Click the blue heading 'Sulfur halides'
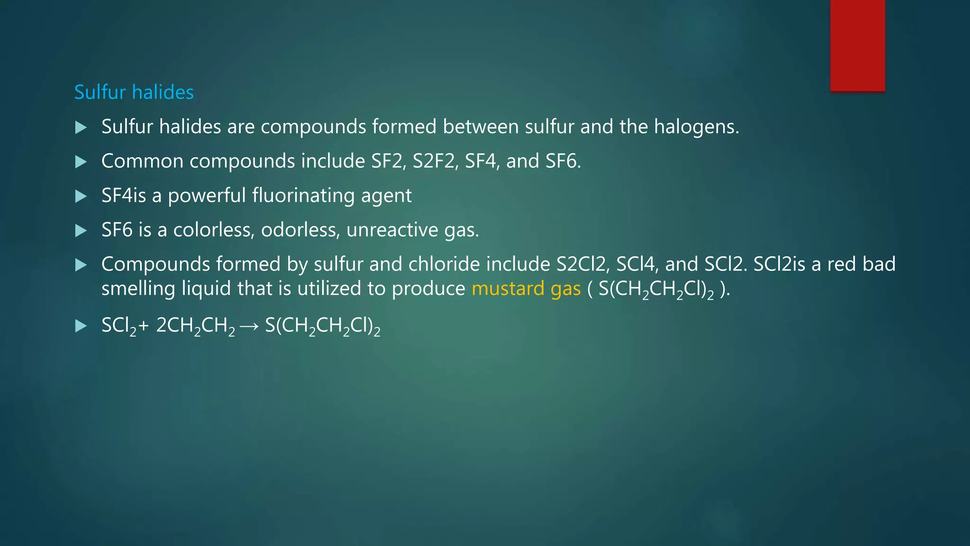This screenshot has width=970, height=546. click(134, 92)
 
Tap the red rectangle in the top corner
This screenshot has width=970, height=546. click(857, 45)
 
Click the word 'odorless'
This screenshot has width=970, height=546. click(300, 230)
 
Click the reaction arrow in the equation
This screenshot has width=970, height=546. click(249, 326)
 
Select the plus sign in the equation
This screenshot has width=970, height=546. click(144, 326)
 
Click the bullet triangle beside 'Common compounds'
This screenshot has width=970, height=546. click(81, 162)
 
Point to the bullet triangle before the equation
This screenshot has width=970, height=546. click(81, 326)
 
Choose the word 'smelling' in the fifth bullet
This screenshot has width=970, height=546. click(138, 289)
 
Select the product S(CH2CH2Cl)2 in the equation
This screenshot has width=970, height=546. click(323, 326)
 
